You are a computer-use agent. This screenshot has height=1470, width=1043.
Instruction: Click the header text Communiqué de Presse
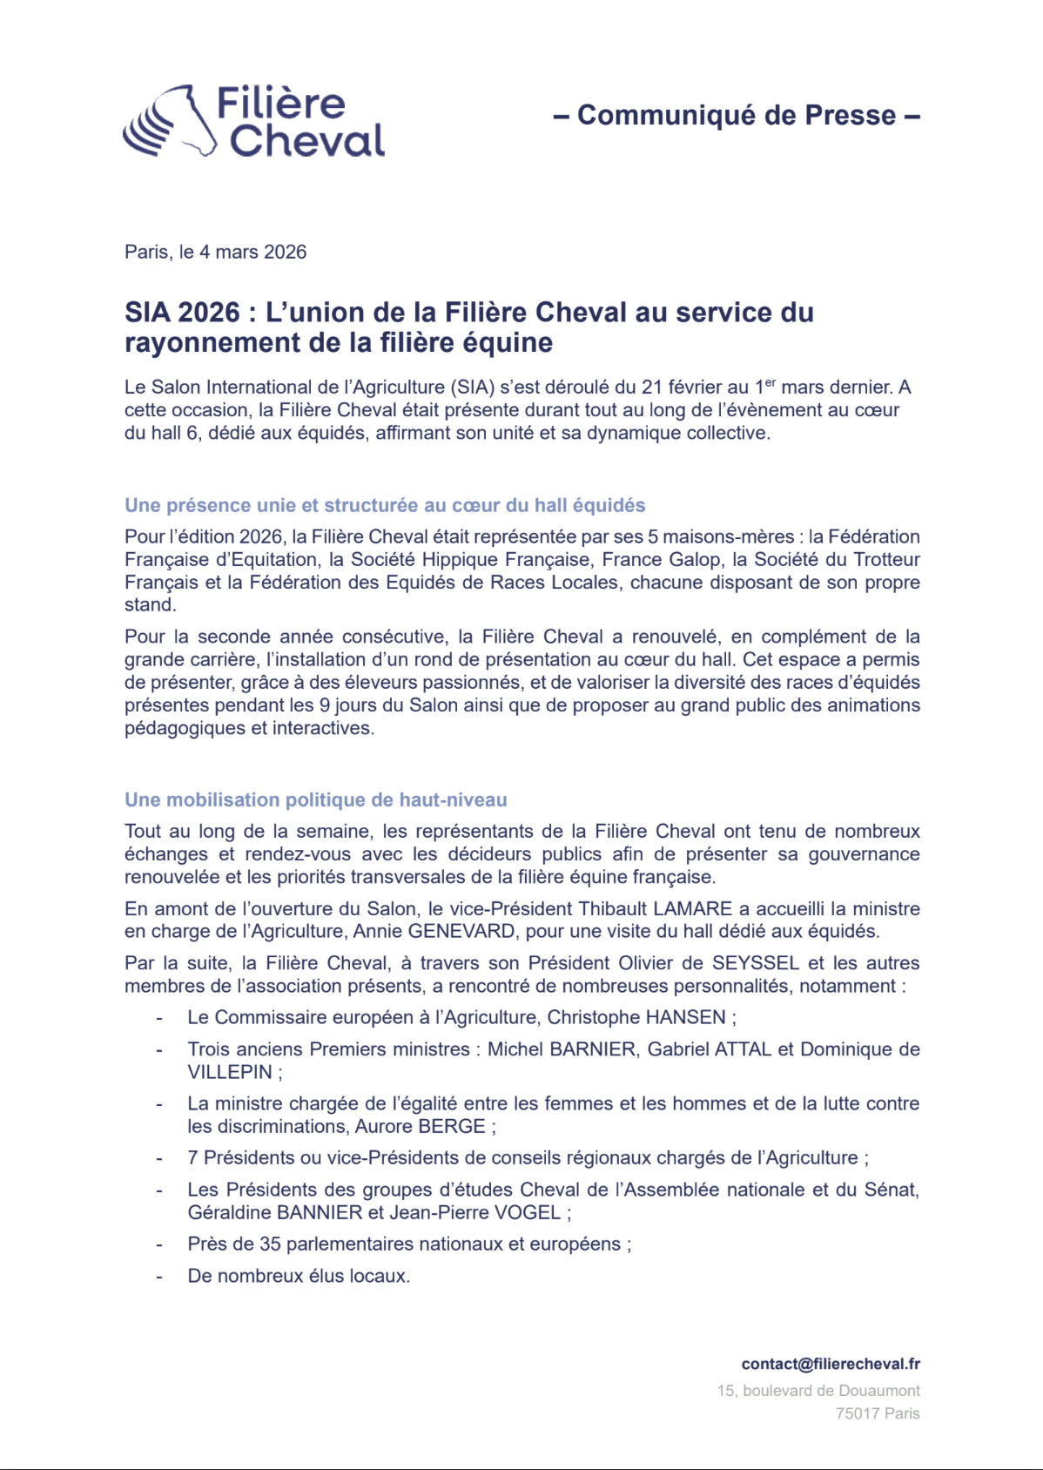pos(737,115)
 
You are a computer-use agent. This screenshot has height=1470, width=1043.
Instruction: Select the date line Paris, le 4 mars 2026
pos(215,253)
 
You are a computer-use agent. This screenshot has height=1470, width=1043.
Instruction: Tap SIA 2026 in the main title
pos(181,313)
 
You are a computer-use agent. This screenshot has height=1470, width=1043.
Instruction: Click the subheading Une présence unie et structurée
pos(385,506)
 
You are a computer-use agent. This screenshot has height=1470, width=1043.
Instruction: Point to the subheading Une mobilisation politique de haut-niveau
pos(315,800)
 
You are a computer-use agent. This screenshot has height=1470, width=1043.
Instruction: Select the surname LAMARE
pos(692,909)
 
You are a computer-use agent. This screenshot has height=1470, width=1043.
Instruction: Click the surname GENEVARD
pos(461,932)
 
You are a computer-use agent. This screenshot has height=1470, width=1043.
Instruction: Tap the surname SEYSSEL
pos(755,964)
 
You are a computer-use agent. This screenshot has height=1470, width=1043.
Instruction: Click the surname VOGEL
pos(528,1213)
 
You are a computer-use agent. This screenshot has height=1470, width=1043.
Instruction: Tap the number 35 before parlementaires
pos(270,1244)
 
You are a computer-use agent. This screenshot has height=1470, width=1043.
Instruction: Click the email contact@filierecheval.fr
pos(831,1365)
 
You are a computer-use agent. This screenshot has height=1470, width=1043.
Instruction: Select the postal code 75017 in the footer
pos(858,1413)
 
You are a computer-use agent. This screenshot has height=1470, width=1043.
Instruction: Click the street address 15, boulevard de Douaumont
pos(818,1391)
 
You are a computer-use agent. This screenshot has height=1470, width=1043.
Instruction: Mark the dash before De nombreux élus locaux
pos(159,1277)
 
